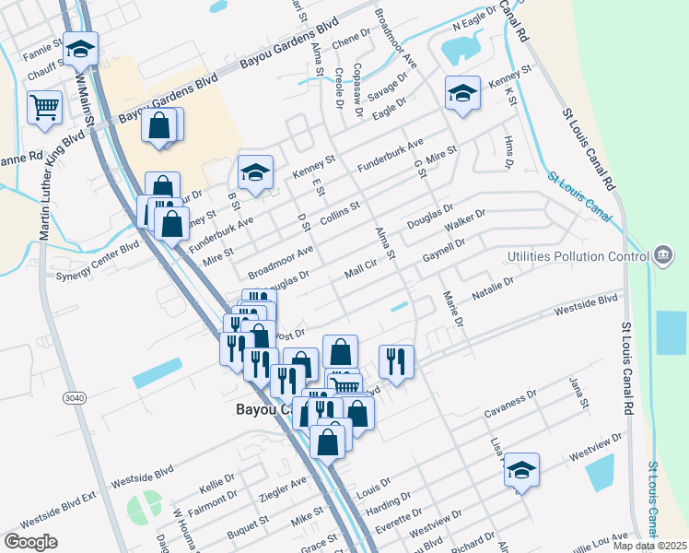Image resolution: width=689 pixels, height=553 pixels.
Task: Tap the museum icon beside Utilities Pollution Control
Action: (x=662, y=254)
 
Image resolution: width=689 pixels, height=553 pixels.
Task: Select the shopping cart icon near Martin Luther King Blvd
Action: (x=44, y=108)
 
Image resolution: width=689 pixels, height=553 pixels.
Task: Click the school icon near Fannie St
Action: (x=80, y=49)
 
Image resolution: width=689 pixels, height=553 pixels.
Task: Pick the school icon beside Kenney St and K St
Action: (x=462, y=92)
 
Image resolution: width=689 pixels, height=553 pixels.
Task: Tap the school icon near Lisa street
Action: (x=521, y=470)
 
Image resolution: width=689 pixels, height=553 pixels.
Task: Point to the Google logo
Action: (x=30, y=541)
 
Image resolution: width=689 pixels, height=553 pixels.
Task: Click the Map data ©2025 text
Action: (x=648, y=546)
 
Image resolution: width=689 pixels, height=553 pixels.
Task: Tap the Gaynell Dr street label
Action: (x=443, y=249)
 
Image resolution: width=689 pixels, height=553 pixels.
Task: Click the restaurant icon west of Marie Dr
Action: (x=396, y=360)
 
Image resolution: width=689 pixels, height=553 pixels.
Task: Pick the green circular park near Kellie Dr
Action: (x=143, y=506)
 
